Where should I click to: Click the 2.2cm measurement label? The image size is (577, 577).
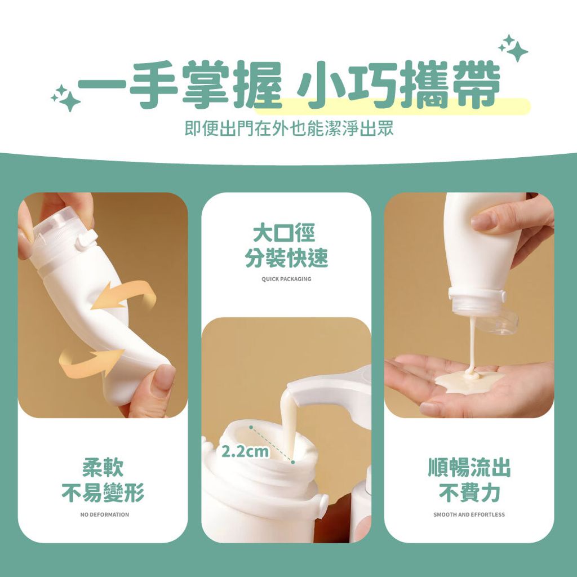[x=245, y=451]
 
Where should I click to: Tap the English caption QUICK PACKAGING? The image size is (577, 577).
[x=286, y=279]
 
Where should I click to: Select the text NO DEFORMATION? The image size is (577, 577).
[x=104, y=514]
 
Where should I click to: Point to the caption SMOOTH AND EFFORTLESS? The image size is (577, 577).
[x=469, y=514]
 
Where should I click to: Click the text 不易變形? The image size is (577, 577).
[x=103, y=492]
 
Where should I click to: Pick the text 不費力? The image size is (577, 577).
[x=469, y=492]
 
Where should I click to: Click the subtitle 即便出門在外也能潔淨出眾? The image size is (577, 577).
[x=289, y=129]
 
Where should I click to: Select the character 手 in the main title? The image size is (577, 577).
[x=153, y=86]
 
